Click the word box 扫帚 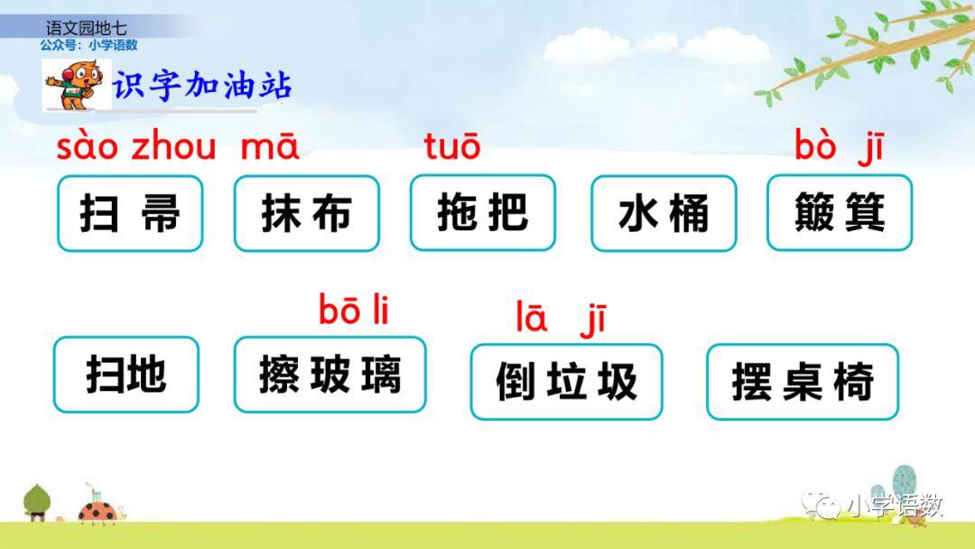tap(130, 213)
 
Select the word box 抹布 tap(307, 213)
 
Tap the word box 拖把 tap(482, 212)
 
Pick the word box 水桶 tap(664, 213)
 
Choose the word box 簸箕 tap(840, 212)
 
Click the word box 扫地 tap(126, 375)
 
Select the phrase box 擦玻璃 tap(330, 375)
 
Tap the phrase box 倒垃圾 tap(566, 382)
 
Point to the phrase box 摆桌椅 tap(803, 382)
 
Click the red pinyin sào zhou tap(136, 147)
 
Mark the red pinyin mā tap(269, 147)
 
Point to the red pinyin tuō tap(452, 146)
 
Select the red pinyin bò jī tap(839, 149)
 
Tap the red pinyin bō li tap(354, 309)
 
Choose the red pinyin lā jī tap(561, 319)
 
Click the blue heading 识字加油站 tap(202, 85)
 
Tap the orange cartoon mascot tap(73, 85)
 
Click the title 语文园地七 tap(87, 28)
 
